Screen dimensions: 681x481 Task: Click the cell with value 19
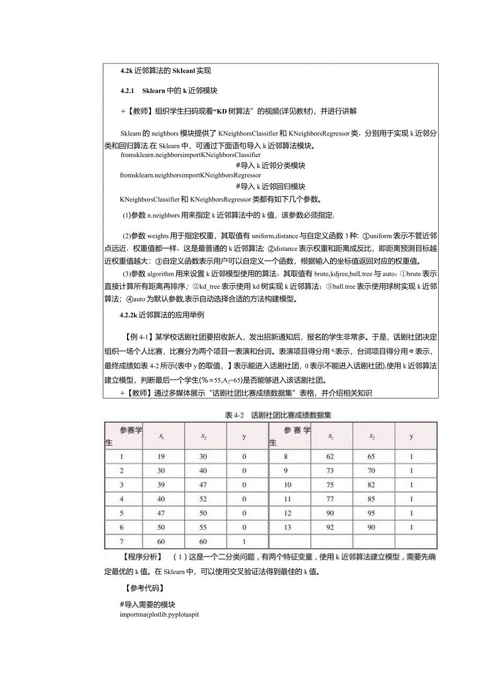click(161, 456)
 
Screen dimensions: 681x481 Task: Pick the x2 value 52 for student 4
click(203, 499)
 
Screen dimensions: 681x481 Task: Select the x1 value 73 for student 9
click(330, 471)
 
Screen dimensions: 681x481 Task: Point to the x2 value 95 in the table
click(371, 513)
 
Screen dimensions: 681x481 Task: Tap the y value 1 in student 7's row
click(244, 541)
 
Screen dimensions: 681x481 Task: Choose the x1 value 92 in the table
click(330, 527)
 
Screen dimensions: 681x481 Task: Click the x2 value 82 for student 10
click(371, 485)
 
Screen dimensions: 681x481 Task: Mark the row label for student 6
click(122, 527)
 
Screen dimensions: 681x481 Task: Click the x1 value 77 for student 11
click(330, 499)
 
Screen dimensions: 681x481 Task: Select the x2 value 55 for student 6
click(203, 527)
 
